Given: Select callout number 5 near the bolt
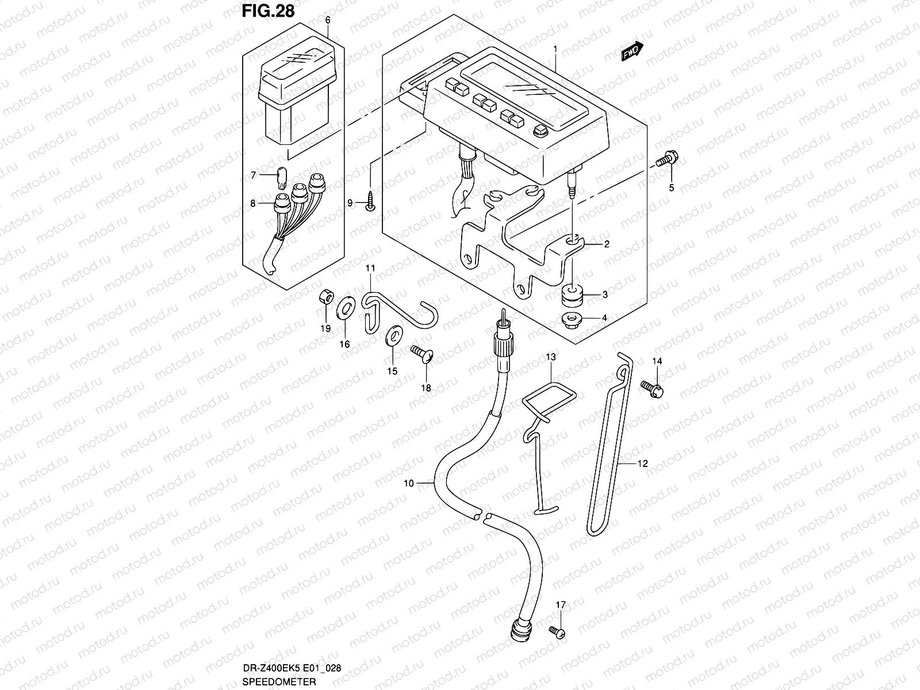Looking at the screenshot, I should (671, 188).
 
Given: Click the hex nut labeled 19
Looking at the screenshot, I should (325, 298).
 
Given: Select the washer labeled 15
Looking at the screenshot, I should (393, 335).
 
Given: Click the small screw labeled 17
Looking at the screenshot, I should (556, 632).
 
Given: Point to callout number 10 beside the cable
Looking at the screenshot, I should (409, 484).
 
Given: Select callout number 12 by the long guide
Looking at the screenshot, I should (642, 463).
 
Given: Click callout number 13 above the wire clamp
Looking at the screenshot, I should (550, 357).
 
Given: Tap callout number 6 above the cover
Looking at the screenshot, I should (328, 20).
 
